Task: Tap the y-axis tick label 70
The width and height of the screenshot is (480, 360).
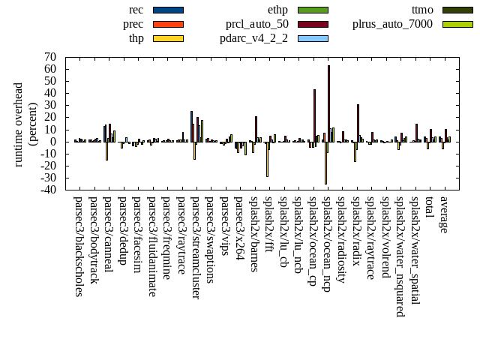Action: (50, 57)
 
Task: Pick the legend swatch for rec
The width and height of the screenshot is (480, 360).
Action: (168, 10)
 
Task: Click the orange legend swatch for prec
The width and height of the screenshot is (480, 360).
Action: (168, 24)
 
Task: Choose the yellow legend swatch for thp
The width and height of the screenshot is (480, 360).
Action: (168, 37)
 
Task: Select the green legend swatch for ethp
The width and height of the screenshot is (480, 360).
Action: (313, 10)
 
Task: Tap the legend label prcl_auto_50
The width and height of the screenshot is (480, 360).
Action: (257, 24)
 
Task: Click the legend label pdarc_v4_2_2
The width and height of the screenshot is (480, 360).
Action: (253, 37)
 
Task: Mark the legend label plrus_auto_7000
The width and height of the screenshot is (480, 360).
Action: (392, 24)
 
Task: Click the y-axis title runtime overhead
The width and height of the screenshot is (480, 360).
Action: (19, 124)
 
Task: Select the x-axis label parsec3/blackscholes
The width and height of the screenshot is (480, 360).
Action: (79, 247)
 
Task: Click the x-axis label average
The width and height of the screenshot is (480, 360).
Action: (444, 214)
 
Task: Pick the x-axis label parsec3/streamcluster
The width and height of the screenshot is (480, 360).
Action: (196, 248)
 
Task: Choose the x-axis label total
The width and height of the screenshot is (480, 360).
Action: (430, 208)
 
